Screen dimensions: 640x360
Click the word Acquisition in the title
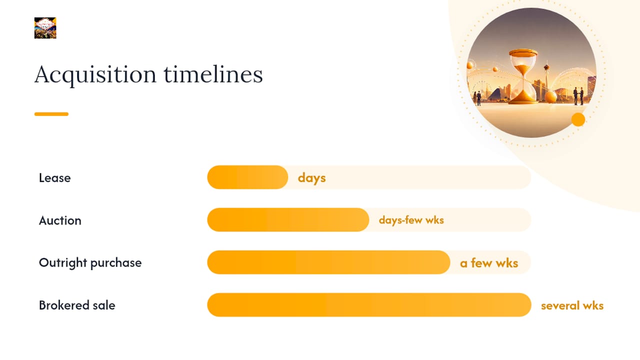click(95, 75)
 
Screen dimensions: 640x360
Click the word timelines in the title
click(213, 74)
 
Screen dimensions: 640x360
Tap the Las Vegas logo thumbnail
click(45, 28)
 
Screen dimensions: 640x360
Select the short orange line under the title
click(51, 114)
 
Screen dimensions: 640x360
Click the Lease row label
click(55, 177)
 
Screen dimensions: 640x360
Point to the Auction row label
click(60, 220)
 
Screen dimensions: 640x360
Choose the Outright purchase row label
click(90, 263)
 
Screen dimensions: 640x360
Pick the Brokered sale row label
click(77, 305)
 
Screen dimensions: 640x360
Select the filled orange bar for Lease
click(247, 177)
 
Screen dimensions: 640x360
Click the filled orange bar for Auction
click(288, 219)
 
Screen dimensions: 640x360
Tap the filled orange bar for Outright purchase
click(329, 262)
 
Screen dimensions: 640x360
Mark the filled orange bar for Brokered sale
click(369, 305)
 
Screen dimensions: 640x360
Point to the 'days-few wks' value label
click(411, 220)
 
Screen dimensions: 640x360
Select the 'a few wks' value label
click(489, 263)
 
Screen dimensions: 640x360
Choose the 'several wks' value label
click(572, 305)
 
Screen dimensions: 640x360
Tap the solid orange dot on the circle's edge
click(578, 119)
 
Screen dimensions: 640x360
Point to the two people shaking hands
click(578, 96)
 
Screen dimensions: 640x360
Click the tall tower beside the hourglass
click(547, 81)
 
